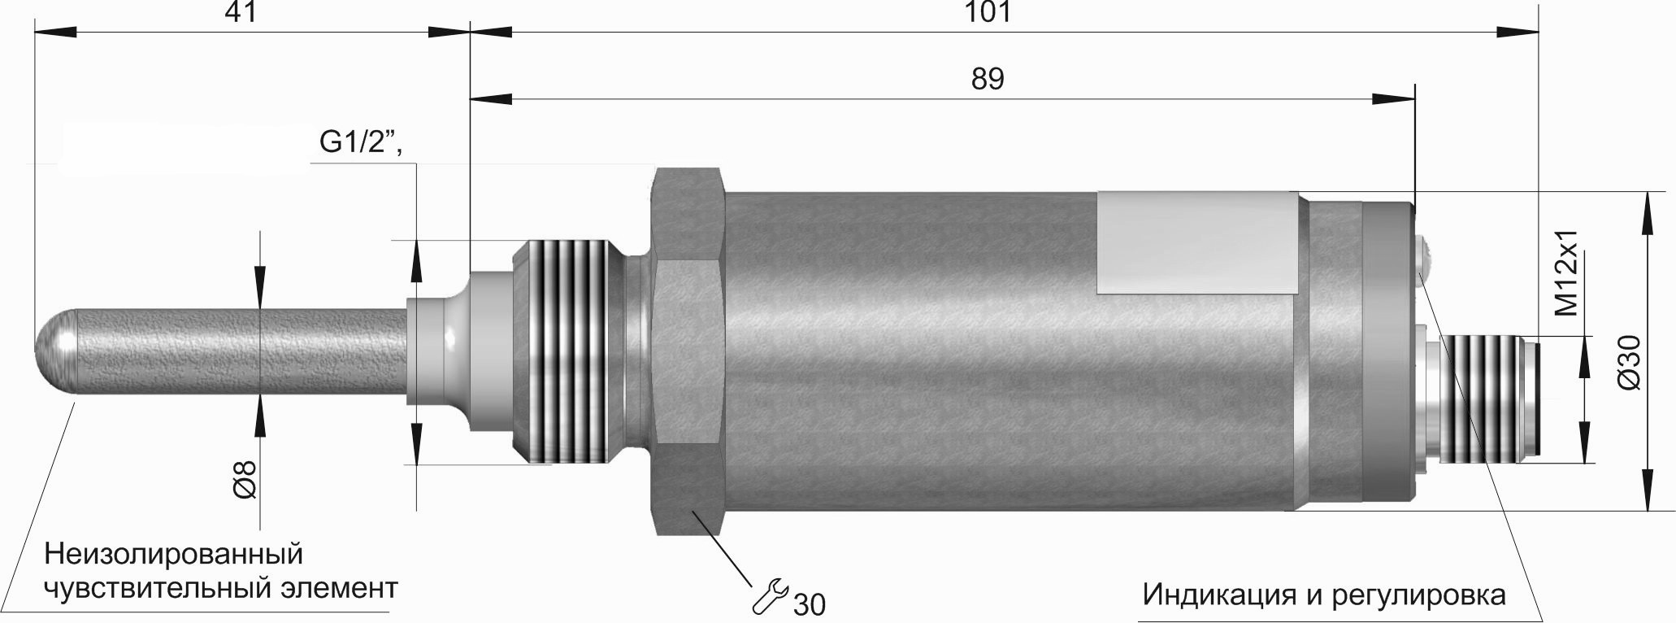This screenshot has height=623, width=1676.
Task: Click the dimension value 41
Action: click(x=240, y=12)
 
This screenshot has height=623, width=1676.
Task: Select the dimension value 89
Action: click(x=988, y=80)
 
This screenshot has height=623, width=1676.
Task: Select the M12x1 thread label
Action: click(x=1565, y=272)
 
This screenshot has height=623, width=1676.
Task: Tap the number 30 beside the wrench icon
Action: click(x=809, y=604)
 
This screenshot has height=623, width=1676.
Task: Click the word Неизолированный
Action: click(x=173, y=555)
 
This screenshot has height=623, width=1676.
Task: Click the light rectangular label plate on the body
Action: click(x=1196, y=242)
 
